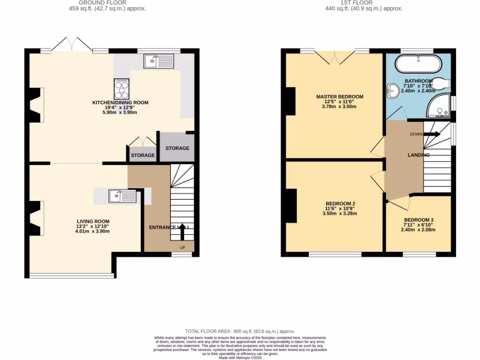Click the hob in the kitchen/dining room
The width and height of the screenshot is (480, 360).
[121, 87]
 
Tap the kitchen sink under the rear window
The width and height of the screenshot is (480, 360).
[159, 61]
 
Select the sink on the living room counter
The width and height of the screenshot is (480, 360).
[122, 196]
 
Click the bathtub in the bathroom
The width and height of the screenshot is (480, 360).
[418, 63]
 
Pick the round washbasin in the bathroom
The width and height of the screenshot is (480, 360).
[393, 90]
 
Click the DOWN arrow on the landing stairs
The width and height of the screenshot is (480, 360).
[432, 134]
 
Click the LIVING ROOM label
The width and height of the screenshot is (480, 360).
[93, 221]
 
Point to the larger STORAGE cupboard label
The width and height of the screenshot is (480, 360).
[177, 148]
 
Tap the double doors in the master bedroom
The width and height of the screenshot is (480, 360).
[335, 57]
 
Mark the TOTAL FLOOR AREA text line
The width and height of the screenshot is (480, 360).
[240, 331]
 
